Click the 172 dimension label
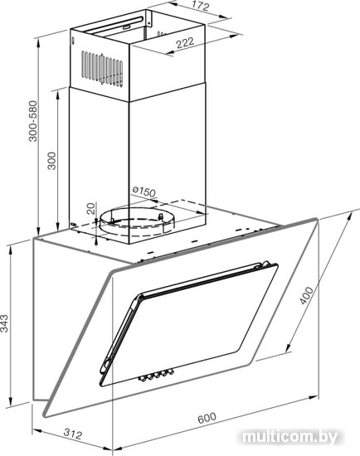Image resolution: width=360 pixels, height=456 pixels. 201,6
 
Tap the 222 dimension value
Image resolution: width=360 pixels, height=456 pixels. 185,43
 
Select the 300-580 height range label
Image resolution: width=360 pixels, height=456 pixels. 33,121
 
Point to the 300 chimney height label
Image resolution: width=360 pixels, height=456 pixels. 51,161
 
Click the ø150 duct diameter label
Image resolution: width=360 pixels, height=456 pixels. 144,192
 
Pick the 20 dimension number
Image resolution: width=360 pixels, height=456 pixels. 91,208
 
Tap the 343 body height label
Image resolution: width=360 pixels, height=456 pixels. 5,323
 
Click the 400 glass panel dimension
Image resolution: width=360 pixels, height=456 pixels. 306,295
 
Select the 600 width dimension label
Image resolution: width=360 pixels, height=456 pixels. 207,418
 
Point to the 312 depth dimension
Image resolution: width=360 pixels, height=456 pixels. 73,434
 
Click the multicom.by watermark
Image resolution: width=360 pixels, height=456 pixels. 289,437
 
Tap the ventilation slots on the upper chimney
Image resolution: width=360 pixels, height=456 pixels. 102,68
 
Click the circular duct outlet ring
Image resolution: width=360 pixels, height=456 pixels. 137,222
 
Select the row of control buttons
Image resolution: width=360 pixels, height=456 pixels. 156,375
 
